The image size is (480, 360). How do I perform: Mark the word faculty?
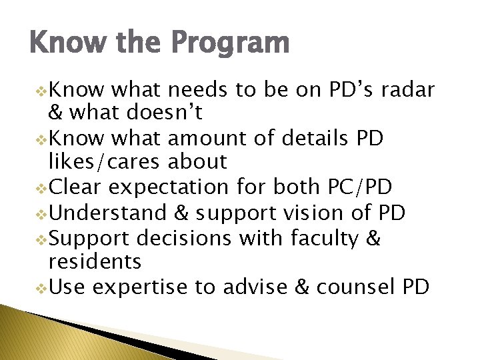click(321, 238)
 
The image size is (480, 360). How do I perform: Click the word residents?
click(95, 261)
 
